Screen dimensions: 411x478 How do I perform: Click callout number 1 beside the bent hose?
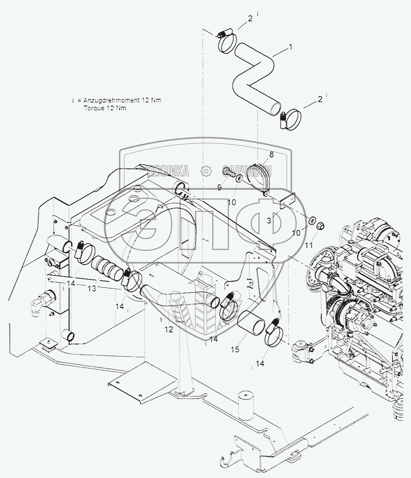point(290,47)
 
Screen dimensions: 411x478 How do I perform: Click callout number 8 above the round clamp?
point(271,155)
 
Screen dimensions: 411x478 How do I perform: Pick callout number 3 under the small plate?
point(269,220)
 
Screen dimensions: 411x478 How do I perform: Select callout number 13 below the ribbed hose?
point(92,288)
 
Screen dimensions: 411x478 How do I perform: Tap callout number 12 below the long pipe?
point(169,330)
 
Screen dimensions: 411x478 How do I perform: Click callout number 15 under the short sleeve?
point(235,349)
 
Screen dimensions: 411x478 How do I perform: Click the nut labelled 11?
point(320,225)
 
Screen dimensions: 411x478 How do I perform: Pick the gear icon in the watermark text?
point(206,171)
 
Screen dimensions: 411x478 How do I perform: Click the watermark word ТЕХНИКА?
point(168,171)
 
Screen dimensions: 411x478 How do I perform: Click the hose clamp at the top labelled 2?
point(227,43)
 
